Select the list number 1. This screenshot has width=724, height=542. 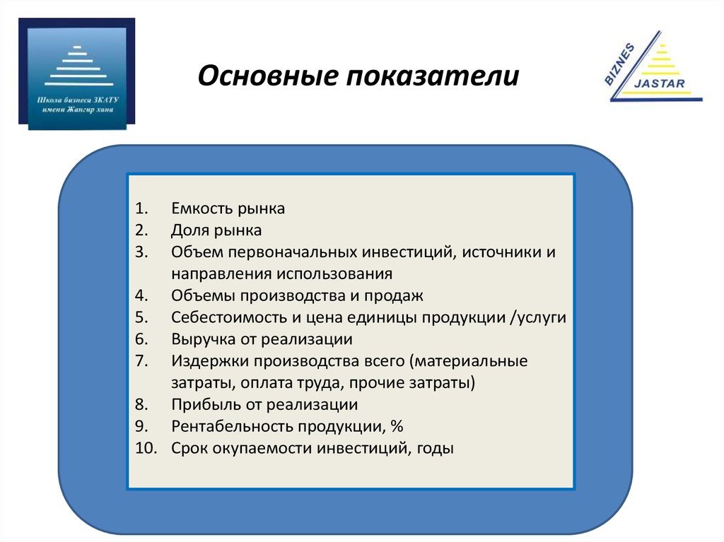click(139, 208)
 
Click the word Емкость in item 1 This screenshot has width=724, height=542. click(200, 208)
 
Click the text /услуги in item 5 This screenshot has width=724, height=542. click(537, 317)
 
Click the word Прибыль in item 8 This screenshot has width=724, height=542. click(204, 405)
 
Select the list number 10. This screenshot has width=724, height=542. click(142, 448)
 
